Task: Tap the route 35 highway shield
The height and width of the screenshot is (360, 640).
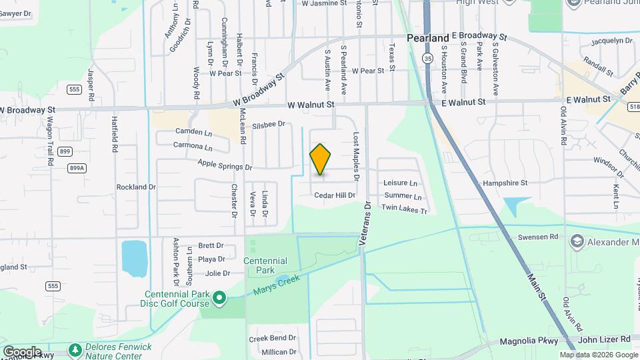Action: point(426,58)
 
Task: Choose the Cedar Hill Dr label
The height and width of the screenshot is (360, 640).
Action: point(335,195)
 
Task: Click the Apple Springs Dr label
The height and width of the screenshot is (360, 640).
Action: point(225,164)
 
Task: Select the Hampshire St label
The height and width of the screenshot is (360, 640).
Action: point(505,182)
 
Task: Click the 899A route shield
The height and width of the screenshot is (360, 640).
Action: point(77,168)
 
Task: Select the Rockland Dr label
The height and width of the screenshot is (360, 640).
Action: point(136,187)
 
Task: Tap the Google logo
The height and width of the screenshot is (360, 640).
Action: point(22,351)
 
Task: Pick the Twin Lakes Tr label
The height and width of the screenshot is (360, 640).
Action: point(403,209)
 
